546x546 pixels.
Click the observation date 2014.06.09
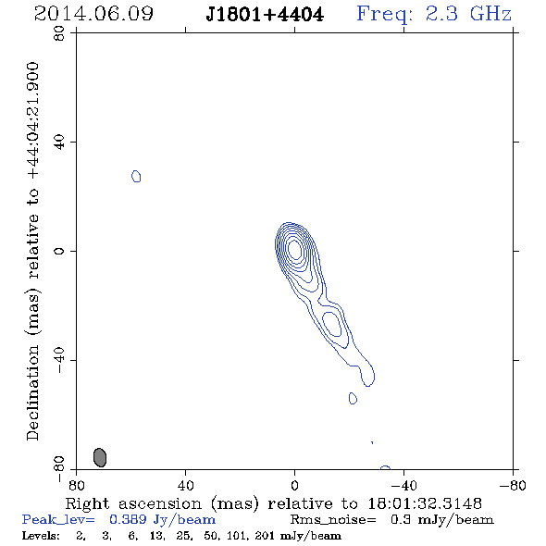[x=93, y=14]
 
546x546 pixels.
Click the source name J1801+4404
[x=265, y=15]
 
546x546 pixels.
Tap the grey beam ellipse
[x=100, y=457]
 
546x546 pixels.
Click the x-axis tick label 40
[x=185, y=485]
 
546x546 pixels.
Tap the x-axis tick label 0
[x=294, y=485]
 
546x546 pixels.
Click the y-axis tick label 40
[x=59, y=143]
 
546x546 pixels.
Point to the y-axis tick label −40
[x=59, y=360]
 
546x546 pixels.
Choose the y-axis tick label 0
[x=59, y=251]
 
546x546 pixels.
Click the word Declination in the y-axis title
[x=32, y=392]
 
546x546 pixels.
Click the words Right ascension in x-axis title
[x=133, y=503]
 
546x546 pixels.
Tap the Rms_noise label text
[x=333, y=519]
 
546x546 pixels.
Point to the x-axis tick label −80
[x=513, y=485]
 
